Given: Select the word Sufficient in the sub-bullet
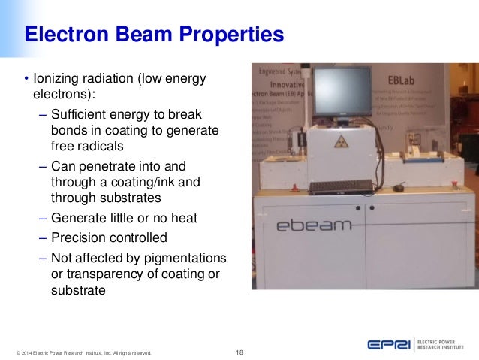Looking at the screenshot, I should click(x=79, y=114).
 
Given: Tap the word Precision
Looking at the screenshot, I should click(x=79, y=237).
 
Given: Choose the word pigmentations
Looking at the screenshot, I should click(x=183, y=258).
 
